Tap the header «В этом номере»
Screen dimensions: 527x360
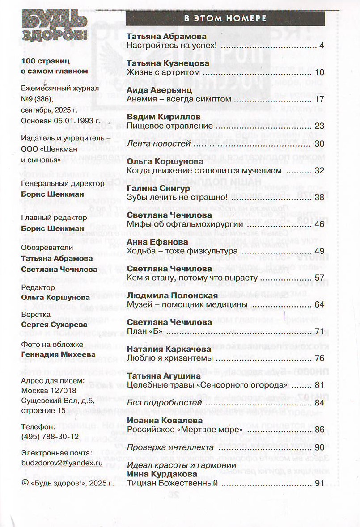[x=225, y=18]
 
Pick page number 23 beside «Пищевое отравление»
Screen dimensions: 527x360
[x=319, y=126]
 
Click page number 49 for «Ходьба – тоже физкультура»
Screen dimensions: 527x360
[x=319, y=251]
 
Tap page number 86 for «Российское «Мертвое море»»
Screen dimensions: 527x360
[x=319, y=430]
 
